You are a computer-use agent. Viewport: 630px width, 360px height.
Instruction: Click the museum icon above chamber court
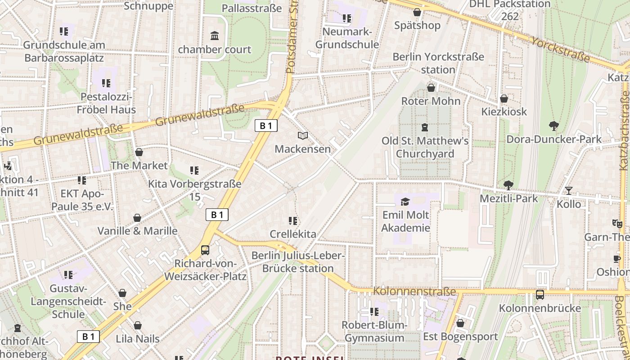[215, 36]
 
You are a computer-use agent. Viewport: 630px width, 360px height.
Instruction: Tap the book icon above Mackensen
[303, 135]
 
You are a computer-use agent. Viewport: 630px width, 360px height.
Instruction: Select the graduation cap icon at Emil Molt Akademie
[405, 202]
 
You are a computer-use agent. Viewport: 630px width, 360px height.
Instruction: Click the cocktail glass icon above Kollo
[569, 191]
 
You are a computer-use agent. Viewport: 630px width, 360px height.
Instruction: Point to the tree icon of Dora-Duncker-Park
[554, 126]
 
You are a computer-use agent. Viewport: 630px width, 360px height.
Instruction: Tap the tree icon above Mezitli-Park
[508, 184]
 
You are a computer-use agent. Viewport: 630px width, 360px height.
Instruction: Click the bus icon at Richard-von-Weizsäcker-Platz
[205, 250]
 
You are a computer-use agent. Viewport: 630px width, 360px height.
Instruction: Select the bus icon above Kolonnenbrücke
[540, 295]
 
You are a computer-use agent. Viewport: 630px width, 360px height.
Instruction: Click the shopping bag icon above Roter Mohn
[431, 87]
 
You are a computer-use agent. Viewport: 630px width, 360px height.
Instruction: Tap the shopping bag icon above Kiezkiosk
[504, 98]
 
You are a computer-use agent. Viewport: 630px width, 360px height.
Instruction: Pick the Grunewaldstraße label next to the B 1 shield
[200, 115]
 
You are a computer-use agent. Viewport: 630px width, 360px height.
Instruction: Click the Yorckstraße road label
[560, 49]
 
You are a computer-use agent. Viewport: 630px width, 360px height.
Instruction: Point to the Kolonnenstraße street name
[414, 291]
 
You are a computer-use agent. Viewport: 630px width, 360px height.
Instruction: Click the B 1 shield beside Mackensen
[266, 126]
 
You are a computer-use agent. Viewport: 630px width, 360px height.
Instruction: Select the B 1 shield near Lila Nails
[88, 336]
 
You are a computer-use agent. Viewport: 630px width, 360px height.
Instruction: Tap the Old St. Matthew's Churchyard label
[425, 147]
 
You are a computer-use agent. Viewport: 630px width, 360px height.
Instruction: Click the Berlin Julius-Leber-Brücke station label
[298, 262]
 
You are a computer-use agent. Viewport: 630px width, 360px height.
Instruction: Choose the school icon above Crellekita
[293, 220]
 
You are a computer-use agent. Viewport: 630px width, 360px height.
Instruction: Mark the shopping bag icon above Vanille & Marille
[137, 218]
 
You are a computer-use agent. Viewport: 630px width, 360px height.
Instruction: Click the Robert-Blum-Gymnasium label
[374, 331]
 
